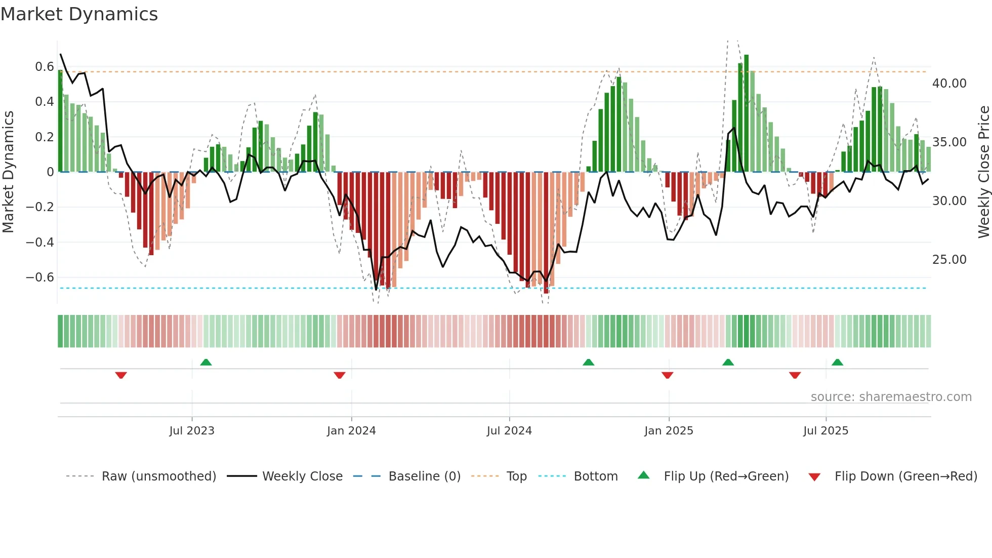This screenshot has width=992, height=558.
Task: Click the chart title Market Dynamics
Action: coord(79,14)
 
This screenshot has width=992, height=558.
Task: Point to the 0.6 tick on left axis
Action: coord(45,67)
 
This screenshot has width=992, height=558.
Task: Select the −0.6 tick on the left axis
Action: coord(40,277)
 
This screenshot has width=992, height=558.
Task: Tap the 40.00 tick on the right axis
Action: coord(949,84)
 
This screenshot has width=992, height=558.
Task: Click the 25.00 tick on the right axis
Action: coord(949,260)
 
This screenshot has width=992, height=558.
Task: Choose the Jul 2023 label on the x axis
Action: coord(192,431)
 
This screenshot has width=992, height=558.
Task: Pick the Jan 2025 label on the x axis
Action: coord(669,431)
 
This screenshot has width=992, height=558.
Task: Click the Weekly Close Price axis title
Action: coord(983,172)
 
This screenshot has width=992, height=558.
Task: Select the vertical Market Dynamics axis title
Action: coord(8,172)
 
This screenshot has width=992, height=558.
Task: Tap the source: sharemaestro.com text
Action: coord(891,397)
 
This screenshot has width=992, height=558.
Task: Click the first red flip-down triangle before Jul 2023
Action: coord(121,375)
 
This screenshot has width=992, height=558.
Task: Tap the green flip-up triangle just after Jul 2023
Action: coord(206,363)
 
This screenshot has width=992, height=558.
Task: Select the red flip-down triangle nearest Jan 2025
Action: coord(667,375)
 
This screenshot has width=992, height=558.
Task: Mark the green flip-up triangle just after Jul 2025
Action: coord(837,363)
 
